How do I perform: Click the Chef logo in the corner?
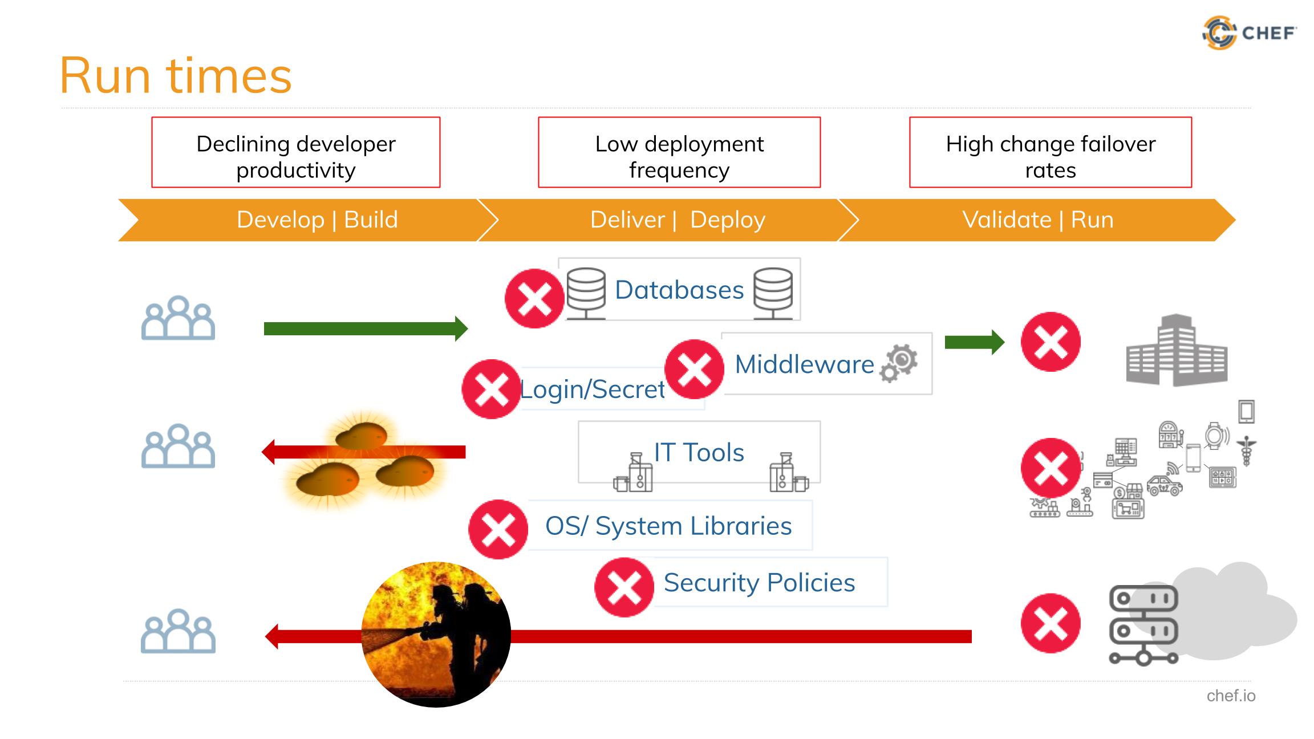coord(1249,33)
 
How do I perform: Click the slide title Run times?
coord(176,76)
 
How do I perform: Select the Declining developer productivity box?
coord(295,152)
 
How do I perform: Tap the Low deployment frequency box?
coord(679,152)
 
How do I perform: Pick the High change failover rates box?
coord(1050,152)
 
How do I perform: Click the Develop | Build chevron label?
coord(317,220)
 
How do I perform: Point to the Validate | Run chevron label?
coord(1037,220)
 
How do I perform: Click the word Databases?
coord(679,290)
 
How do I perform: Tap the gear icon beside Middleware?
coord(899,363)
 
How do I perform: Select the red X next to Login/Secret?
coord(491,389)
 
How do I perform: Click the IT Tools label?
coord(699,453)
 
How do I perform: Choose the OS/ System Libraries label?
coord(668,526)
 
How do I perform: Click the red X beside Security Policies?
coord(624,587)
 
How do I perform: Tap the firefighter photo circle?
coord(436,635)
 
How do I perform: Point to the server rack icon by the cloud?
coord(1143,625)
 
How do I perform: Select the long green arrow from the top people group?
coord(366,329)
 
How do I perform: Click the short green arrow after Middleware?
coord(974,342)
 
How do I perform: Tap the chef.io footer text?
coord(1231,696)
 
